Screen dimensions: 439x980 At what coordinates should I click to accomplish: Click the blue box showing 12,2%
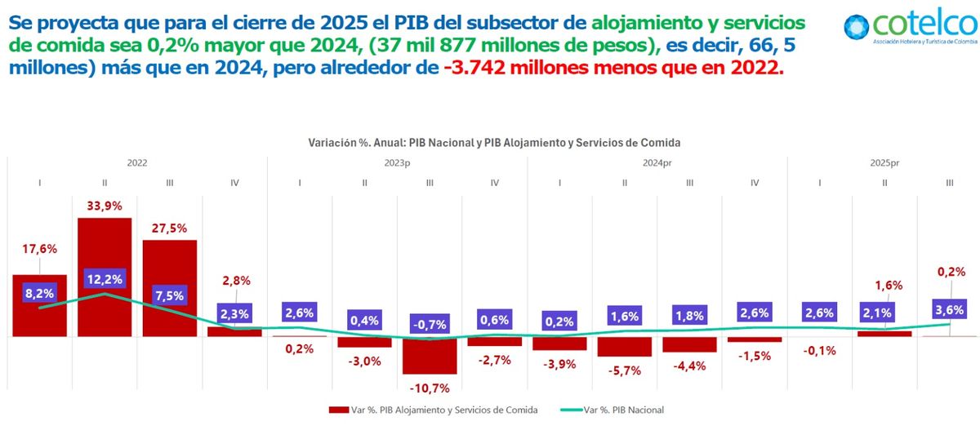coord(105,278)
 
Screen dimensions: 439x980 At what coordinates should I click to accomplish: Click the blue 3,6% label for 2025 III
coord(949,309)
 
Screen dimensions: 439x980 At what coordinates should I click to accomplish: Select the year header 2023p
coord(397,163)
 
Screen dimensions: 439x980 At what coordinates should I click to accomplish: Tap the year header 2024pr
coord(657,163)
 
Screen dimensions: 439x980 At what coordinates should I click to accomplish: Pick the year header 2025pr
coord(883,163)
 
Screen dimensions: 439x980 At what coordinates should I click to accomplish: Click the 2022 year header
coord(137,163)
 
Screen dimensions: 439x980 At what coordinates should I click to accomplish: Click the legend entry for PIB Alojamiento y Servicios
coord(433,410)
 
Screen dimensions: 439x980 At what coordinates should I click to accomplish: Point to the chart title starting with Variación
coord(494,142)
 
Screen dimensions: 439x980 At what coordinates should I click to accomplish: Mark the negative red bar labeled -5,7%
coord(624,346)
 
